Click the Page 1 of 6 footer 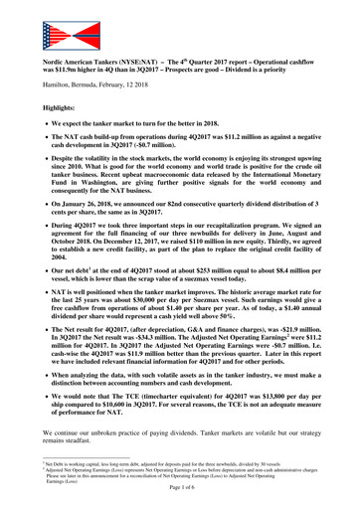coord(180,503)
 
